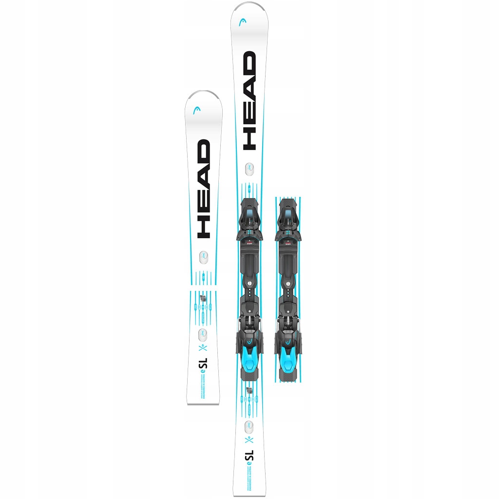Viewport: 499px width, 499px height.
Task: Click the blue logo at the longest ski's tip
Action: click(x=242, y=22)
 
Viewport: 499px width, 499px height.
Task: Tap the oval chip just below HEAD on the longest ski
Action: click(x=249, y=168)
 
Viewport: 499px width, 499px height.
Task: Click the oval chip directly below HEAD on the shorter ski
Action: click(x=203, y=256)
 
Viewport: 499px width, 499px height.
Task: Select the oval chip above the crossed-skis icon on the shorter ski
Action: click(x=202, y=335)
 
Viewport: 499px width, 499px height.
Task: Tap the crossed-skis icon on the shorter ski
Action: click(x=203, y=348)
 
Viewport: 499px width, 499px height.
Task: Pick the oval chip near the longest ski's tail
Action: click(x=249, y=426)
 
